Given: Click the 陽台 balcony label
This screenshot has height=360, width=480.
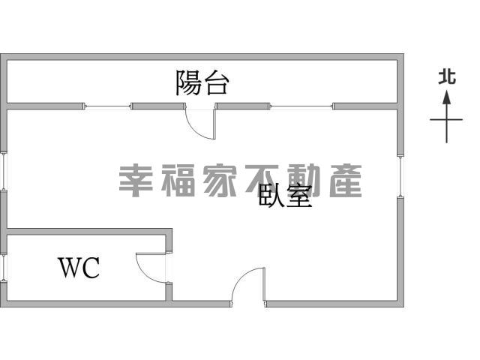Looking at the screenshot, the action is [x=202, y=82].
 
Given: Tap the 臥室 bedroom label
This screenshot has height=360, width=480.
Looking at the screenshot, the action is [x=285, y=196].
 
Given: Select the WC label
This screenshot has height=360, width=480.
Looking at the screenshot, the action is [x=79, y=268].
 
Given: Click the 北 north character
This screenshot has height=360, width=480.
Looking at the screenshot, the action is [x=447, y=76].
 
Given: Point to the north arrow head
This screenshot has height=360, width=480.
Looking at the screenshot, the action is [x=447, y=97].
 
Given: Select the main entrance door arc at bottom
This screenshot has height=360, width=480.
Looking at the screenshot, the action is [x=241, y=276].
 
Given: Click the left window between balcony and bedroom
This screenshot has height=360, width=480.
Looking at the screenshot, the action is [x=107, y=106].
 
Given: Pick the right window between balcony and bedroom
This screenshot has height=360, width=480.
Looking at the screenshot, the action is [x=301, y=106].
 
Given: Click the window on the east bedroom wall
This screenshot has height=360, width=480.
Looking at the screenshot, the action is [x=400, y=176].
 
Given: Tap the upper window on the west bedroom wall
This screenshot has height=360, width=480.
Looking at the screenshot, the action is [x=3, y=172].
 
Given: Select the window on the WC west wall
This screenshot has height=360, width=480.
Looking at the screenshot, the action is [x=3, y=267].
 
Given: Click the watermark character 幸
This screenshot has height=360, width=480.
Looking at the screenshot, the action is [x=136, y=181].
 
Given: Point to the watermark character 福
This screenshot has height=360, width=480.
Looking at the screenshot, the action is [x=178, y=181].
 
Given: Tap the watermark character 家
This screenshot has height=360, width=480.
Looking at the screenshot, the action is [x=220, y=181].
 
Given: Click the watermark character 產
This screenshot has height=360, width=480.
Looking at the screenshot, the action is [x=345, y=181].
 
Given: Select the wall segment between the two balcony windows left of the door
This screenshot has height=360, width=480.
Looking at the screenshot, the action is [x=158, y=106].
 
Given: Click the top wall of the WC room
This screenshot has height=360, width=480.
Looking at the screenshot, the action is [x=89, y=232].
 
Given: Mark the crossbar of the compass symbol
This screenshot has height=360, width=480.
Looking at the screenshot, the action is [x=446, y=120].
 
